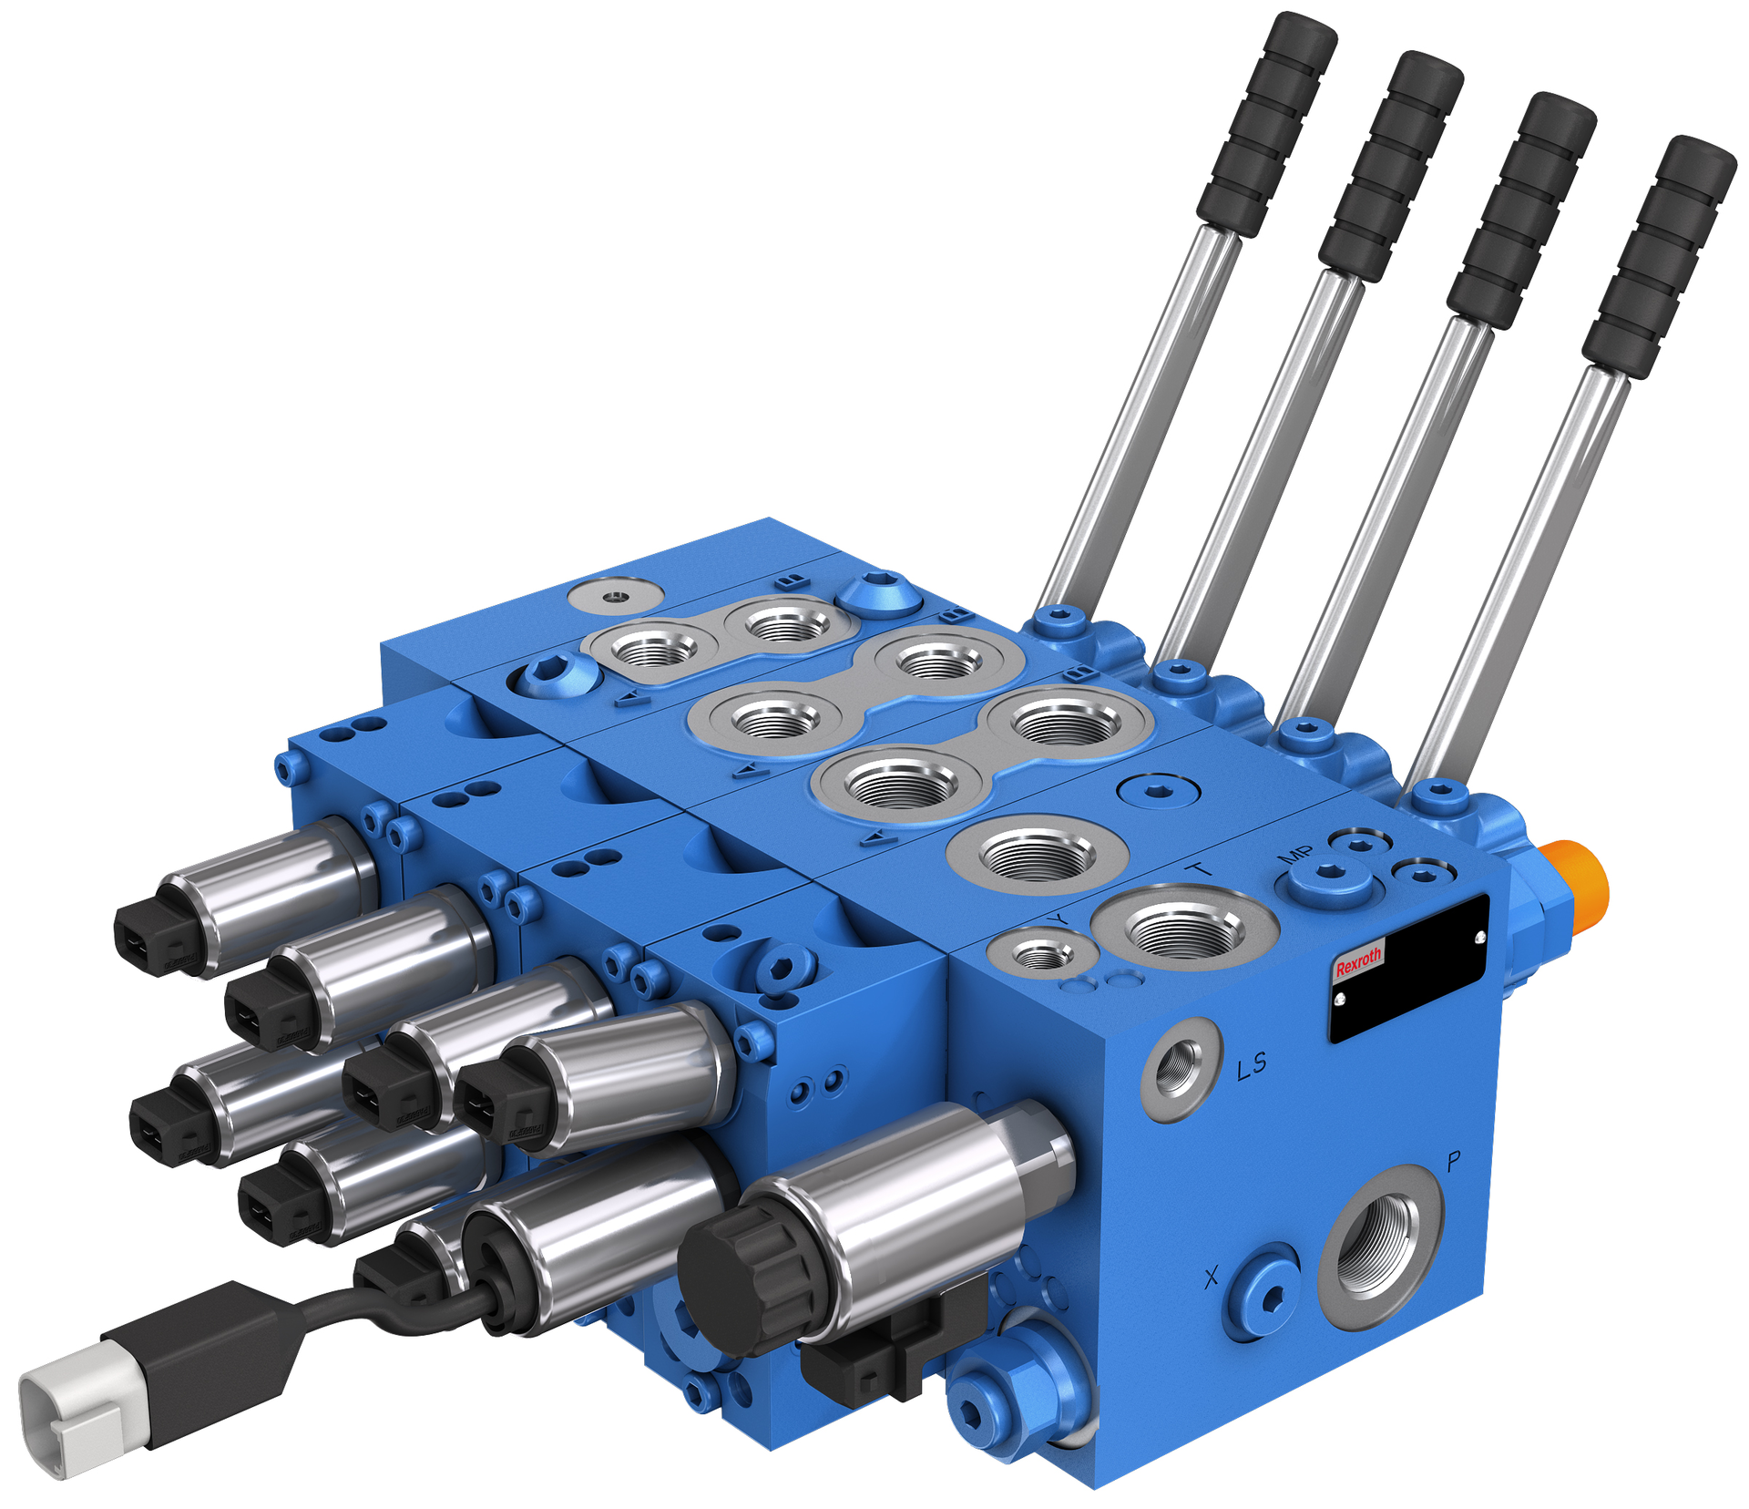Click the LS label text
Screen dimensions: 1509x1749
pos(1252,1064)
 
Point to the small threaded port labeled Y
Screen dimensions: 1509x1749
pos(1043,954)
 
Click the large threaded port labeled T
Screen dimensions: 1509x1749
pos(1183,928)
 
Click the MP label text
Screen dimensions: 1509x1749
pos(1295,854)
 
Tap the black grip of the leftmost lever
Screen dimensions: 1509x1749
pos(1267,123)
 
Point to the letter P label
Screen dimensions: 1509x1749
pos(1454,1161)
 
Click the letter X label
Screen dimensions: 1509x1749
pos(1211,1278)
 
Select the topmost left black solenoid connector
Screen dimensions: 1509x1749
pos(155,939)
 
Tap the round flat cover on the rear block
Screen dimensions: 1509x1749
pos(615,595)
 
